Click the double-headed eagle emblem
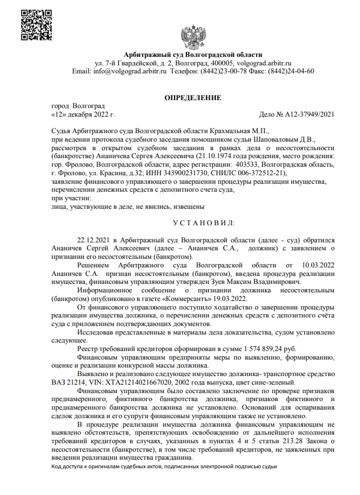(193, 35)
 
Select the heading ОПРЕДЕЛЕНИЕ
(193, 97)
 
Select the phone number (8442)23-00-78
(220, 71)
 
